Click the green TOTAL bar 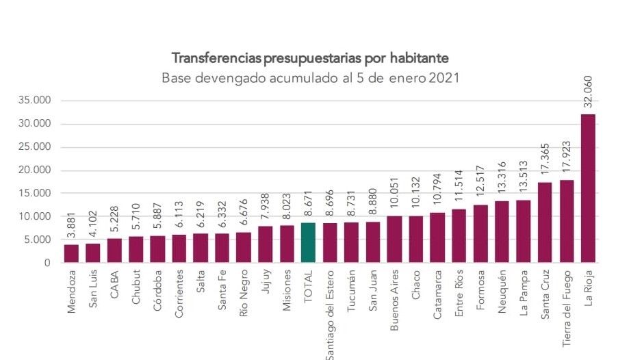pyautogui.click(x=308, y=243)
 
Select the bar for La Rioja pyautogui.click(x=588, y=188)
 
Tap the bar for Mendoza pyautogui.click(x=71, y=253)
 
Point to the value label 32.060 pyautogui.click(x=588, y=91)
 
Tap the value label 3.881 pyautogui.click(x=71, y=225)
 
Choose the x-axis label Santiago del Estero pyautogui.click(x=330, y=316)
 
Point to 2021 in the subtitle pyautogui.click(x=443, y=77)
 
